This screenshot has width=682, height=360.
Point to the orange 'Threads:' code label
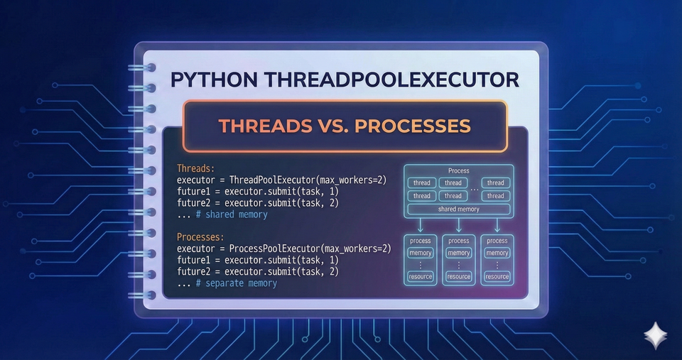tap(195, 169)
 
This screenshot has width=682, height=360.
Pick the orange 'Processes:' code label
tap(201, 237)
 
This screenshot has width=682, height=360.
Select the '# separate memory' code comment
tap(237, 283)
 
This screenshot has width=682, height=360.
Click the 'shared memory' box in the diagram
tap(459, 209)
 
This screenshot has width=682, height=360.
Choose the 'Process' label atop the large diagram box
tap(459, 171)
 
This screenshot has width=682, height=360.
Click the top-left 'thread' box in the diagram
tap(422, 182)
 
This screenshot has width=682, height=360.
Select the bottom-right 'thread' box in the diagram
tap(496, 196)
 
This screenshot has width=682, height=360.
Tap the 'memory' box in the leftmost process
tap(421, 253)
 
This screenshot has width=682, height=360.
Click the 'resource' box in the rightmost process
tap(497, 276)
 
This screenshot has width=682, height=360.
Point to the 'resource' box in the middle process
tap(459, 276)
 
